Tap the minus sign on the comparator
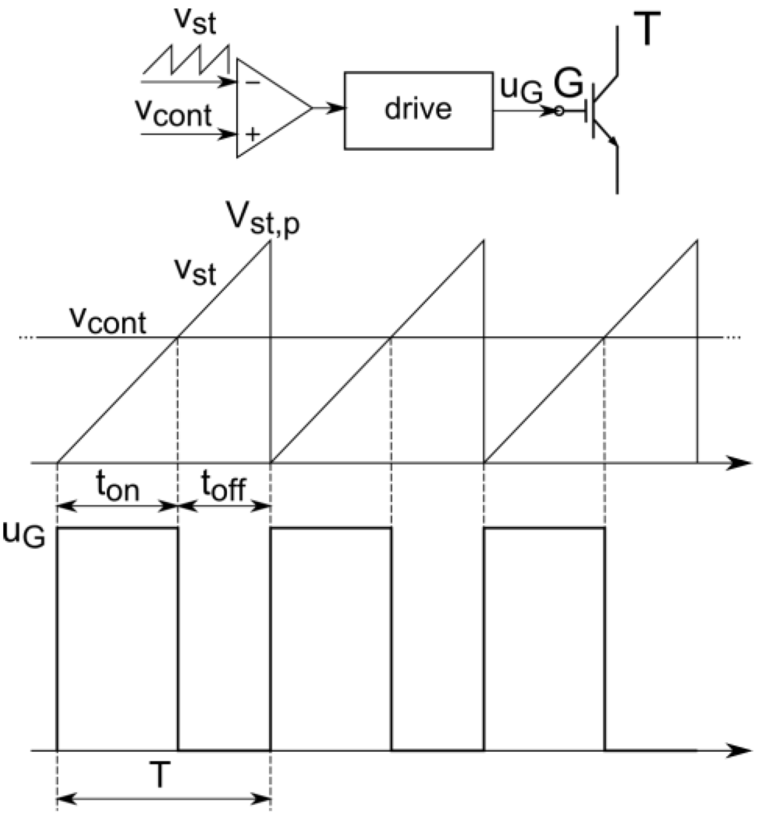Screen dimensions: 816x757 click(252, 83)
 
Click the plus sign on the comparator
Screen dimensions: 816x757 click(252, 135)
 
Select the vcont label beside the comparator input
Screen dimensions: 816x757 click(174, 115)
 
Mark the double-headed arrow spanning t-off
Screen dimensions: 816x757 click(225, 506)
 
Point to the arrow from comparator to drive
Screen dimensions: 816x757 click(329, 109)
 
